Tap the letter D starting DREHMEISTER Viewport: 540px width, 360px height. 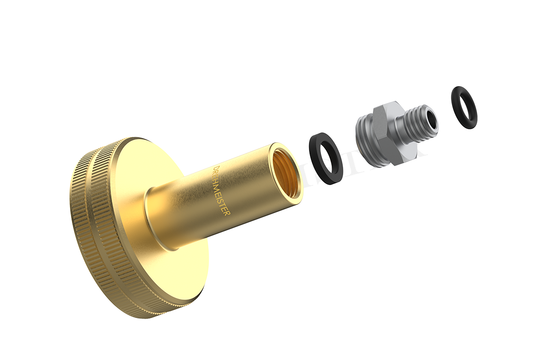(x=214, y=169)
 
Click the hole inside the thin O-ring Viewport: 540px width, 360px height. (x=464, y=107)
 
